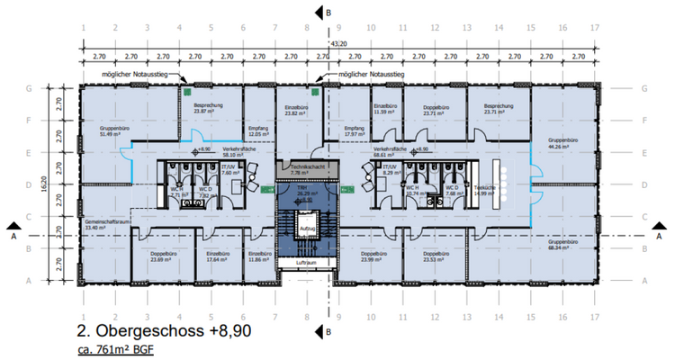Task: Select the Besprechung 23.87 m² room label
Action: pyautogui.click(x=209, y=108)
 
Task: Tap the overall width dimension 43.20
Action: pyautogui.click(x=337, y=42)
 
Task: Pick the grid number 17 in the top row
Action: pyautogui.click(x=593, y=27)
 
